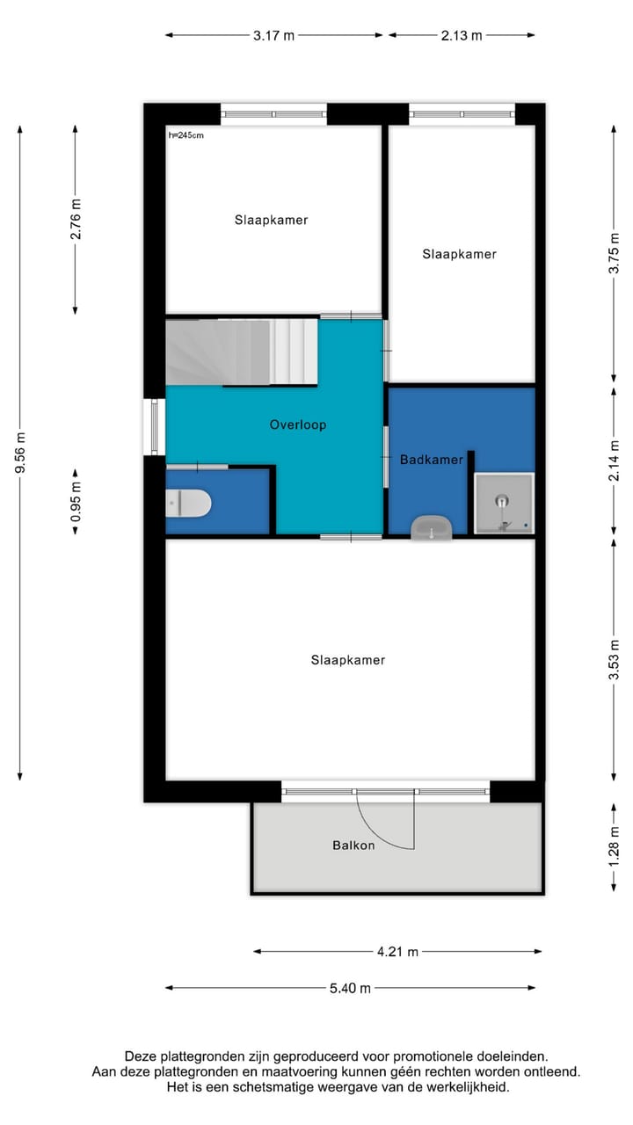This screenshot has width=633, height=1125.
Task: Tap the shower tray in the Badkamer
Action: tap(504, 504)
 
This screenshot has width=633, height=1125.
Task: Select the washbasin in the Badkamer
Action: tap(431, 527)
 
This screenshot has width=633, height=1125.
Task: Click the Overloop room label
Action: tap(297, 425)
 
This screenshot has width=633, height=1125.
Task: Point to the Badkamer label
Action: tap(431, 459)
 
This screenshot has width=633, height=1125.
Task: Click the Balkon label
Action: tap(353, 846)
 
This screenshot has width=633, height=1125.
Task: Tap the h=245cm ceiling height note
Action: tap(186, 135)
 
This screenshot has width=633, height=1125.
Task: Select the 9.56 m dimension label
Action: tap(20, 453)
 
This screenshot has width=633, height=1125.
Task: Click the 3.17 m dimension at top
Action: tap(273, 35)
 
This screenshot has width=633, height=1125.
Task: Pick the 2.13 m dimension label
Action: tap(461, 35)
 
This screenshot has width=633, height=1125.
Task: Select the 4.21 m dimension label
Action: tap(397, 951)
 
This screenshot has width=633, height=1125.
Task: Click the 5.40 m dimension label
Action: tap(350, 988)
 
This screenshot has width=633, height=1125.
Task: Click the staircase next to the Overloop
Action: tap(241, 352)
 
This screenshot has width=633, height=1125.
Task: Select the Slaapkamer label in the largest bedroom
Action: tap(347, 660)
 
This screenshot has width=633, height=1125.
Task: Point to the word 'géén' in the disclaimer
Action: tap(396, 1072)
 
